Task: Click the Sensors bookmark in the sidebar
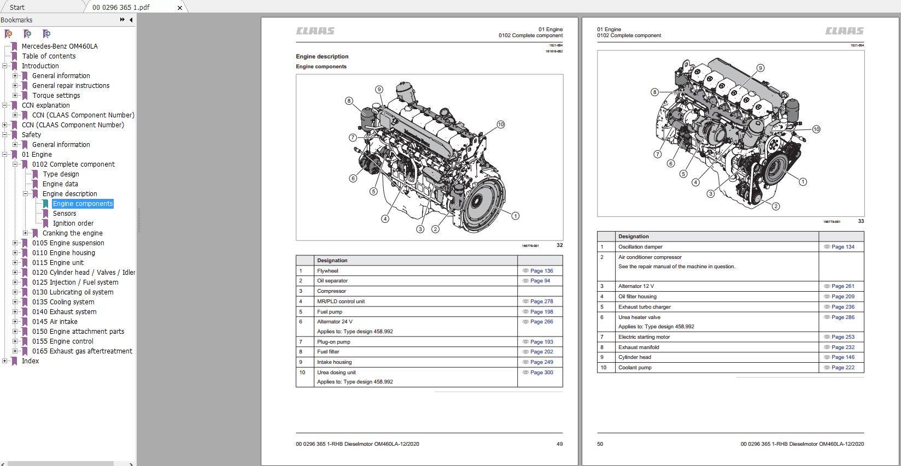pos(65,214)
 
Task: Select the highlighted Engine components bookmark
pos(83,204)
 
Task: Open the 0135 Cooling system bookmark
pos(63,302)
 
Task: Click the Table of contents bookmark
pos(49,56)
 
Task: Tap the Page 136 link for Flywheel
pos(541,271)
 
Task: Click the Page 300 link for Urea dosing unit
pos(541,373)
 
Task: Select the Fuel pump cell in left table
pos(330,312)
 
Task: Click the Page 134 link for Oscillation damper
pos(843,247)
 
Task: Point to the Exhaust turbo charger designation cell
pos(644,307)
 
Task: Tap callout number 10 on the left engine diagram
pos(501,125)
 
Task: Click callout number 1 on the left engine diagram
pos(516,216)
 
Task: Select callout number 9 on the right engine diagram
pos(760,68)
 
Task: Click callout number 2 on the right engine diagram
pos(776,206)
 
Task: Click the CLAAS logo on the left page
pos(315,31)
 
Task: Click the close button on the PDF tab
pos(180,8)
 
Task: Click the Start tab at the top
pos(17,8)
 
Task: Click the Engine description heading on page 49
pos(322,56)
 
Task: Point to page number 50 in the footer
pos(600,444)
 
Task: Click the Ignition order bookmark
pos(73,223)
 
